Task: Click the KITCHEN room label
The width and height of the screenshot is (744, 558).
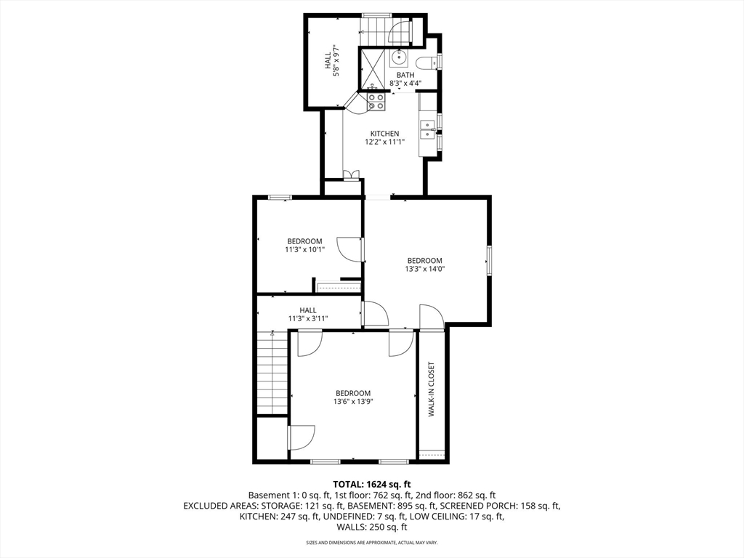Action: click(384, 134)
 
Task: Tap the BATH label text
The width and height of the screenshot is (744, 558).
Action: click(405, 75)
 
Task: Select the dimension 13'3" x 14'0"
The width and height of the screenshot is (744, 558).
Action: click(424, 269)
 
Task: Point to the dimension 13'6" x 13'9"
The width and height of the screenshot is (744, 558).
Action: click(353, 401)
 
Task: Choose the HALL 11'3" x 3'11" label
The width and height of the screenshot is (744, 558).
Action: click(307, 314)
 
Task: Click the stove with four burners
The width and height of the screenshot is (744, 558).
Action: click(376, 101)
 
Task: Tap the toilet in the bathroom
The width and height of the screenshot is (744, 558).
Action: click(429, 62)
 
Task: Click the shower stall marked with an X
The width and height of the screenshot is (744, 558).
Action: click(374, 68)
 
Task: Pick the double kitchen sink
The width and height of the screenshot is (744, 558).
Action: click(428, 129)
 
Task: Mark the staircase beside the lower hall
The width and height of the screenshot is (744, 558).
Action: click(272, 372)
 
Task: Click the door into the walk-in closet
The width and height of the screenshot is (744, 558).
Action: click(432, 317)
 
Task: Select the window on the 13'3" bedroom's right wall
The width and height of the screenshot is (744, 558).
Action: click(490, 260)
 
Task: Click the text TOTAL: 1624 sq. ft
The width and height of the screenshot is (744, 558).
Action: click(372, 484)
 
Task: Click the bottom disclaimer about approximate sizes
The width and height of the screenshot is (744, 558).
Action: click(372, 543)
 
